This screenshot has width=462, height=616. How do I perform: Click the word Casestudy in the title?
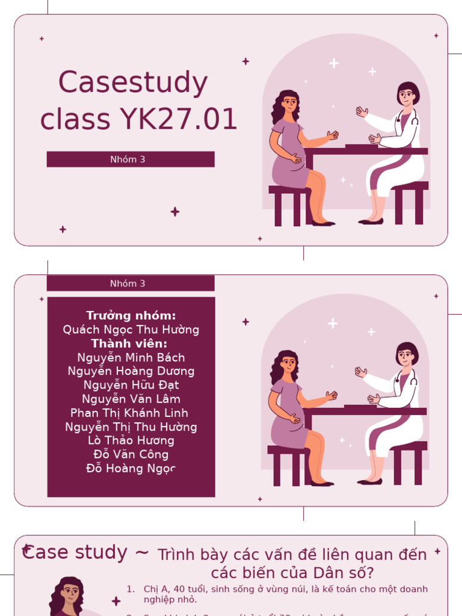(x=133, y=84)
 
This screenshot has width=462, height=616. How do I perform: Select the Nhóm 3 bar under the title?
(x=131, y=159)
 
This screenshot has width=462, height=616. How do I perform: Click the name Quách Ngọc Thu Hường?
(x=131, y=330)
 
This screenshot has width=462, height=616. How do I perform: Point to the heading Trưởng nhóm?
(x=131, y=316)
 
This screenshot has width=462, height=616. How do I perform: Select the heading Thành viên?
(x=129, y=343)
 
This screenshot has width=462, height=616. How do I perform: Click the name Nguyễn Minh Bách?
(x=131, y=357)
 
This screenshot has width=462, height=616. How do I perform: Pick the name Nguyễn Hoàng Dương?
(x=131, y=371)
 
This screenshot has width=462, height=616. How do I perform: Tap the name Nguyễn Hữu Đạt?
(x=131, y=385)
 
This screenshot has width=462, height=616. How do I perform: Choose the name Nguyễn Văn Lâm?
(x=131, y=399)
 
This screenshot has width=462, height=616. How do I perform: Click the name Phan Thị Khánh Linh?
(x=129, y=413)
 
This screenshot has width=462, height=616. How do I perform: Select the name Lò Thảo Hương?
(x=131, y=441)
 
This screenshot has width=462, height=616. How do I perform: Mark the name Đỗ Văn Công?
(x=131, y=455)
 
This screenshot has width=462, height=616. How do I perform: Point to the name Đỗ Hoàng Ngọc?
(x=131, y=469)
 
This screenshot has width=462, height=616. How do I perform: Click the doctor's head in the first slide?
(x=407, y=94)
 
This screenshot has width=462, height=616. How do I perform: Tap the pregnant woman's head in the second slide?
(x=288, y=362)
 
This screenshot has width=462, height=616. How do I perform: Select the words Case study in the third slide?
(x=75, y=552)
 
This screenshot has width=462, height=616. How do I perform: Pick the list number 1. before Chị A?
(x=131, y=590)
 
